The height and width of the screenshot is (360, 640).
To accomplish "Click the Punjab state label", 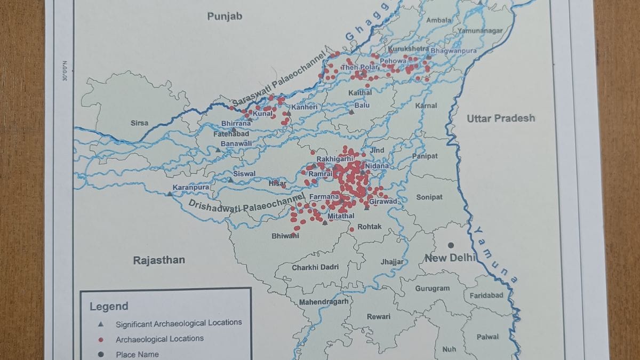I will click(225, 17).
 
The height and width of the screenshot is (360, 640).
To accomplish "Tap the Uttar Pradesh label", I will click(501, 118).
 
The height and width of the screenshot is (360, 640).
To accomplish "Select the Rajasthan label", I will click(159, 260).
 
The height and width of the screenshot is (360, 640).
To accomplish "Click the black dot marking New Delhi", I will click(451, 245).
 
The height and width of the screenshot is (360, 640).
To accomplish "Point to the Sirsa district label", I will click(139, 123).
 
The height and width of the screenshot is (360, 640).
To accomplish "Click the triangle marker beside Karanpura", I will click(170, 194).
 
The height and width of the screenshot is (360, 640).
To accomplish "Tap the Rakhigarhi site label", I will click(335, 159).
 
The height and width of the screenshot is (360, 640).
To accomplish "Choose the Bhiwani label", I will click(285, 236).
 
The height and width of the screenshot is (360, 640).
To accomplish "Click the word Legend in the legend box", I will click(109, 307).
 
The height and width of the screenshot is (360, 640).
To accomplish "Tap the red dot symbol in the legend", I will click(101, 339).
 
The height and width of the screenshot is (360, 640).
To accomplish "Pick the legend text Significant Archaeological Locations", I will click(179, 323).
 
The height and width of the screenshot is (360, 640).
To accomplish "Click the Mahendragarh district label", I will click(323, 302).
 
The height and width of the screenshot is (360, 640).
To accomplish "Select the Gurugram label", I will click(432, 289).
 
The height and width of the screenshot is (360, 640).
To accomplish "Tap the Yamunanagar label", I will click(479, 31).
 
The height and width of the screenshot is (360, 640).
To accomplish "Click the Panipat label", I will click(425, 156).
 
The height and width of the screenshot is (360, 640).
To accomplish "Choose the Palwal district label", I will click(487, 337).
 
